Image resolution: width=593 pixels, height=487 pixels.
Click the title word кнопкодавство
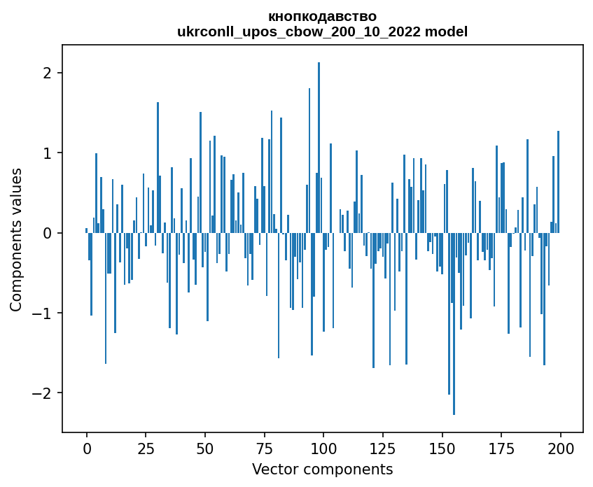[322, 16]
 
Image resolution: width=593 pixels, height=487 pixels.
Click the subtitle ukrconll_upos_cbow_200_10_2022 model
[322, 31]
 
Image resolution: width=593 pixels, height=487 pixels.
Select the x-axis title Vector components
[322, 469]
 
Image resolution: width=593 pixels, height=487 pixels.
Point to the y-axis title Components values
[16, 239]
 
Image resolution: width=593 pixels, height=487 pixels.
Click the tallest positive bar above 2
[319, 140]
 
